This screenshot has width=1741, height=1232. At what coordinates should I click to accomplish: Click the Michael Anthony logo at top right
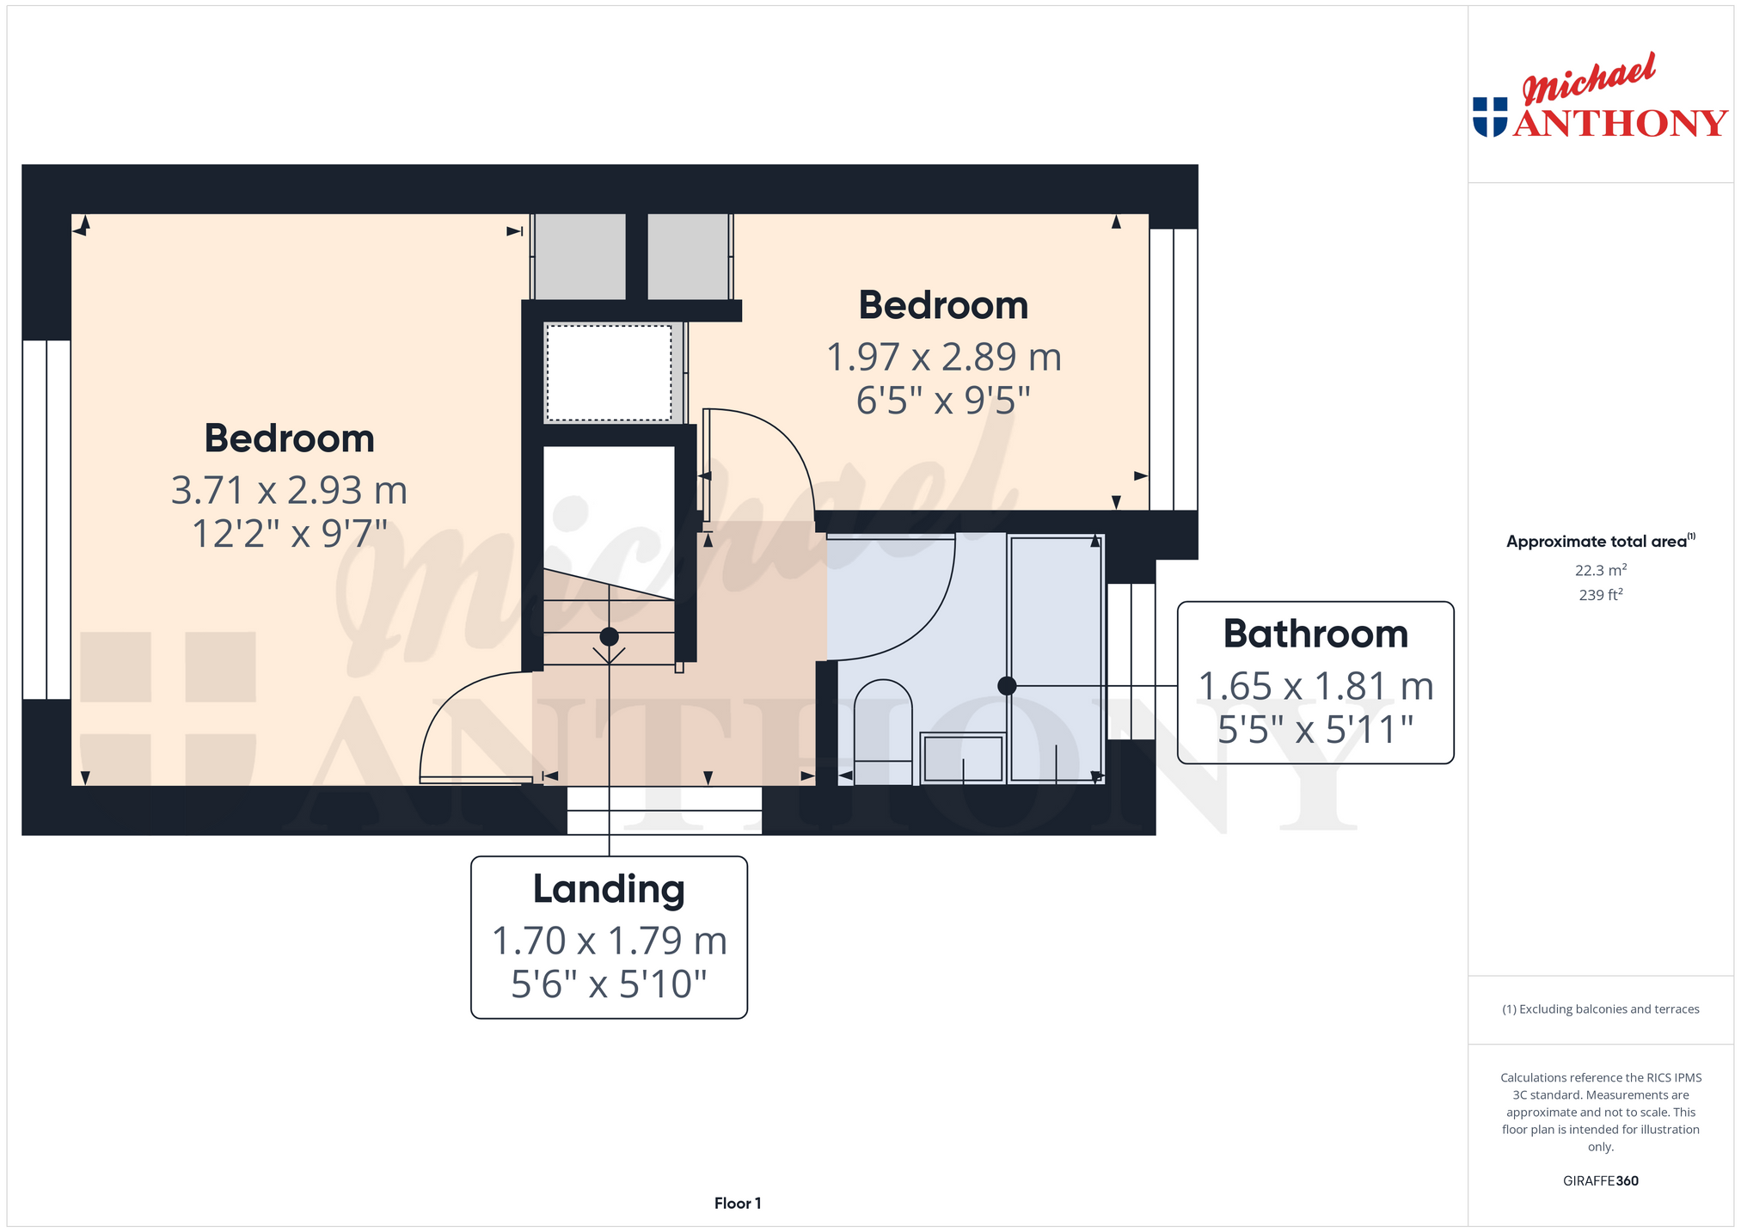(x=1600, y=96)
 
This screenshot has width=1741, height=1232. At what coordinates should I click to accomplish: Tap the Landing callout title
(x=609, y=890)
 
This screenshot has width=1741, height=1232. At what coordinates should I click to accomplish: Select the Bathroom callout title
(x=1315, y=634)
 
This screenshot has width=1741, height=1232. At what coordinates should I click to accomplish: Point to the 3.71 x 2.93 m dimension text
(x=289, y=490)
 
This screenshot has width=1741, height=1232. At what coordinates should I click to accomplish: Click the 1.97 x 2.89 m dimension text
(x=944, y=357)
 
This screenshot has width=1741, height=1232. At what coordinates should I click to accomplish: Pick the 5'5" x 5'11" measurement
(x=1315, y=730)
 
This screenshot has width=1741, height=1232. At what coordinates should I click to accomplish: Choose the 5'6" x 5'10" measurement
(x=609, y=984)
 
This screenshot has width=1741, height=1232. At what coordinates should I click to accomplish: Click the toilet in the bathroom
(x=883, y=732)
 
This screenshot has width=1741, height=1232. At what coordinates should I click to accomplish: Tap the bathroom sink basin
(x=963, y=757)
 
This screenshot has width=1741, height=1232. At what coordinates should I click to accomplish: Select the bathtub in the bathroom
(x=1055, y=659)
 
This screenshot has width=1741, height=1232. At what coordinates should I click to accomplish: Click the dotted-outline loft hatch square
(x=609, y=372)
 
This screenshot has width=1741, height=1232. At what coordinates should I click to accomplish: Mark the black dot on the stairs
(x=609, y=637)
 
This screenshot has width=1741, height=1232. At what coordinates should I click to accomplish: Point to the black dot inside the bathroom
(x=1007, y=686)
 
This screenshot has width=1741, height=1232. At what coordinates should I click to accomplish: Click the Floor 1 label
(x=738, y=1204)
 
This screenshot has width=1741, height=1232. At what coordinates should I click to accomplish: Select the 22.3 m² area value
(x=1600, y=570)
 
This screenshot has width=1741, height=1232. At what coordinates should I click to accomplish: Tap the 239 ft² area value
(x=1600, y=594)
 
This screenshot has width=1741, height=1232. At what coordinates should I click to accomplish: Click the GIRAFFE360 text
(x=1600, y=1180)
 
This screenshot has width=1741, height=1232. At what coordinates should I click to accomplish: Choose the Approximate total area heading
(x=1600, y=541)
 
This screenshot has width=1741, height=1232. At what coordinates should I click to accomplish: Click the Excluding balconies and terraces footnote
(x=1600, y=1009)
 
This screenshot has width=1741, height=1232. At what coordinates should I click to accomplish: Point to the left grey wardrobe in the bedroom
(x=580, y=256)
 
